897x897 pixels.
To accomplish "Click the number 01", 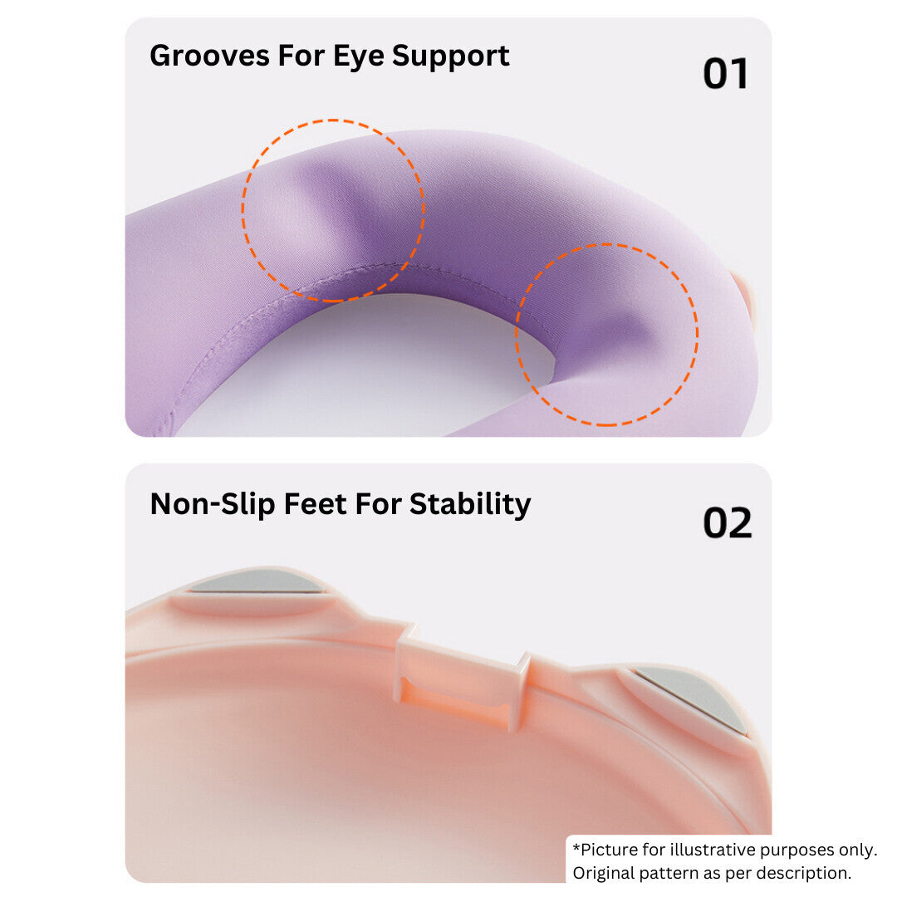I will [725, 74].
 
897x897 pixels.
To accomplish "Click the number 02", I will [727, 523].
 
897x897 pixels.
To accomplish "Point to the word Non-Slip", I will [212, 504].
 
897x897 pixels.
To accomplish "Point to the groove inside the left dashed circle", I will [320, 208].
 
